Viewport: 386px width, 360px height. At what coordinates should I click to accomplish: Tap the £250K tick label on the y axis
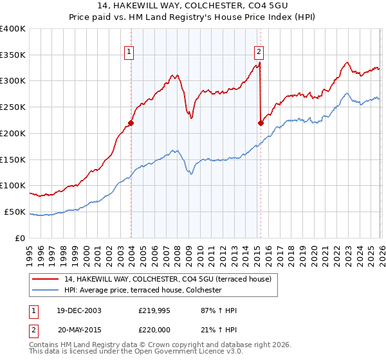(13, 107)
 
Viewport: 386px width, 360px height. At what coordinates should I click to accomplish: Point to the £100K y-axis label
(13, 186)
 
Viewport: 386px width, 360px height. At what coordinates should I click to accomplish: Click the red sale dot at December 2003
(131, 123)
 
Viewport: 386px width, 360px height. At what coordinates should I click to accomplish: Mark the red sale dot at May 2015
(261, 123)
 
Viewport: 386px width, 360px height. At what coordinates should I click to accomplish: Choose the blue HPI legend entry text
(142, 290)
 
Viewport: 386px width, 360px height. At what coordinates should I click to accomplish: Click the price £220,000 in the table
(155, 330)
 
